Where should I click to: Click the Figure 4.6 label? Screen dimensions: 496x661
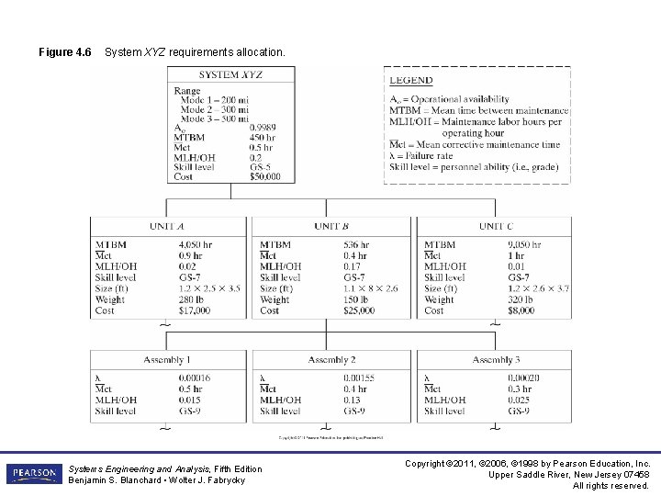[64, 52]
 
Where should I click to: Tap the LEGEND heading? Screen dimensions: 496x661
[411, 81]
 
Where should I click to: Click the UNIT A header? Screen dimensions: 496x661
[166, 226]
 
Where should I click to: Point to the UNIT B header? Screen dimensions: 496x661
[330, 226]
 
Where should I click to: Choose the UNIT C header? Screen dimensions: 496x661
[496, 226]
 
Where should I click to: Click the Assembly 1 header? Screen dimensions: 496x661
[166, 360]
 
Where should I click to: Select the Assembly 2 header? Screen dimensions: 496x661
[331, 360]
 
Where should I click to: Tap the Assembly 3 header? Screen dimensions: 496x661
[497, 360]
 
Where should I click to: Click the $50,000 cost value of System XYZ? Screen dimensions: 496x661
[266, 176]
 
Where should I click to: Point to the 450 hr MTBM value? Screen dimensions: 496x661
[263, 137]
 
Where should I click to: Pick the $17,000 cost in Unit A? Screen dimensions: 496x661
[194, 310]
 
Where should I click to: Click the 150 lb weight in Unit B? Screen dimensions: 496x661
[358, 299]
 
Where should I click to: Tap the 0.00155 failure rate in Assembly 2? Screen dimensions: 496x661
[359, 378]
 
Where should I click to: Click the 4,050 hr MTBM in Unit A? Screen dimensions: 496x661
[196, 245]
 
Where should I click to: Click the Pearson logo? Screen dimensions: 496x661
[35, 474]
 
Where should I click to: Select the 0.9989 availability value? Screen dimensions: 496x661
[264, 127]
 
